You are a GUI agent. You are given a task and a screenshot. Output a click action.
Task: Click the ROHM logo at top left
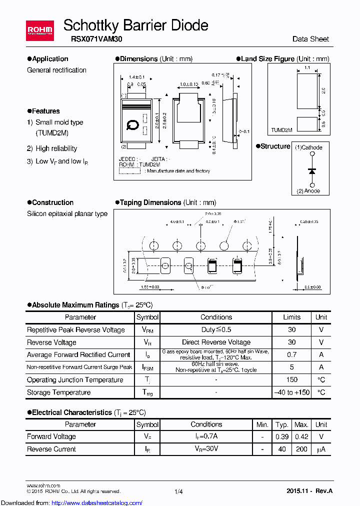tap(40, 30)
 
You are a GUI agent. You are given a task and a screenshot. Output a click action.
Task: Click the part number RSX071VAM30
tap(92, 39)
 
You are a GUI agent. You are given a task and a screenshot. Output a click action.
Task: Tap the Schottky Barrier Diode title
tap(135, 25)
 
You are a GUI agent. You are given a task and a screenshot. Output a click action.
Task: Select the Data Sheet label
tap(310, 39)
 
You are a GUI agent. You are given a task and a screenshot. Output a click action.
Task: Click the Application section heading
tap(50, 59)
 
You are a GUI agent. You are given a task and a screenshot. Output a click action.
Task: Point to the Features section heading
tap(45, 111)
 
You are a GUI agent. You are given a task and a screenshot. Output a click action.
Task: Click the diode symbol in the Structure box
tap(312, 170)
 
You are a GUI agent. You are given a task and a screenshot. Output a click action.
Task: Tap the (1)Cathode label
tap(308, 147)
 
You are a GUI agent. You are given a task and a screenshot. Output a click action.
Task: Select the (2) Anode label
tap(308, 191)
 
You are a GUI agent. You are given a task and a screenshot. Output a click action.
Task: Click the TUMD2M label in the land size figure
tap(281, 129)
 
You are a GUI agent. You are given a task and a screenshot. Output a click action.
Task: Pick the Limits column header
tap(291, 317)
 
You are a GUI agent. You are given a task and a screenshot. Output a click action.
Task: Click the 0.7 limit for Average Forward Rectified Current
tap(291, 354)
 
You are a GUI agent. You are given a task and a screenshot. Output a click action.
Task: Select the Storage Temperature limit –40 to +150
tap(291, 392)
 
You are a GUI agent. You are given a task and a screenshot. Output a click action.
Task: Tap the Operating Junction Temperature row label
tap(75, 380)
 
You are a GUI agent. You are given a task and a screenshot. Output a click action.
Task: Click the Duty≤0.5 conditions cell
tap(216, 329)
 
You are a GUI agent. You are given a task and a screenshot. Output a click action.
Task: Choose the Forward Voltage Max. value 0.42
tap(301, 436)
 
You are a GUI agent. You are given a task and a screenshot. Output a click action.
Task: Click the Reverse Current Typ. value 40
tap(282, 449)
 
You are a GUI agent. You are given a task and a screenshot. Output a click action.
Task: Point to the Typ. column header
tap(282, 424)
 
